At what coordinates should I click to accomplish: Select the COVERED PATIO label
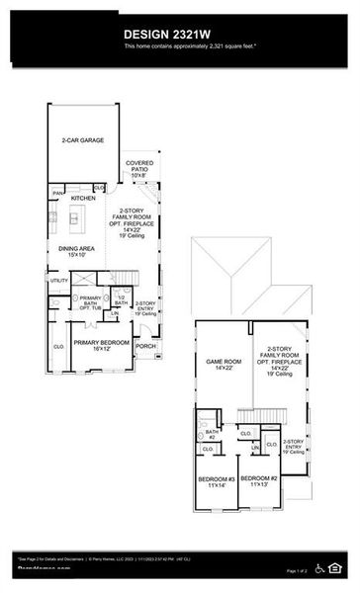click(139, 169)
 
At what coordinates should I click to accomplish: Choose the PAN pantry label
click(58, 193)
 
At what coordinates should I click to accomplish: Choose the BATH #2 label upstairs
click(211, 434)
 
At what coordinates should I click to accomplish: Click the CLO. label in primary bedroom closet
click(58, 347)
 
